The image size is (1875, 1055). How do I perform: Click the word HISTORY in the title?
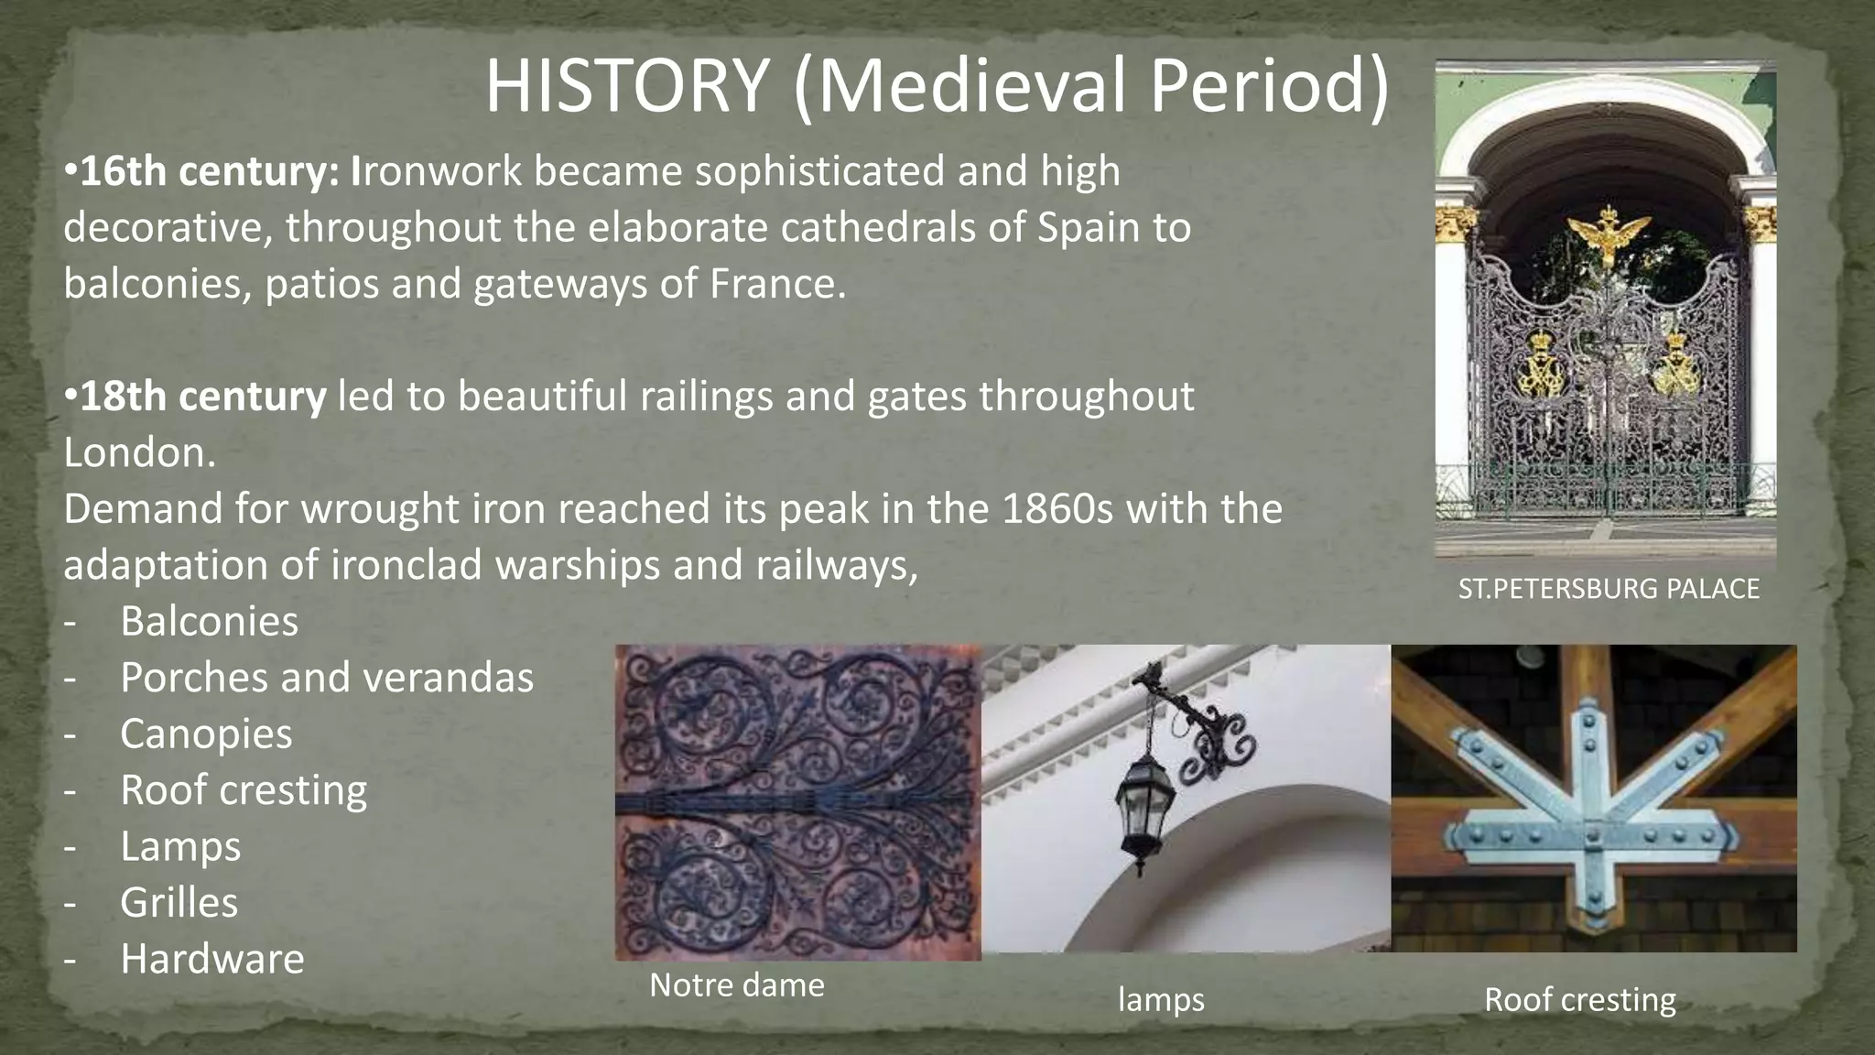[x=626, y=86]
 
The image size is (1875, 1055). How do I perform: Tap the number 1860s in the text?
[x=1057, y=509]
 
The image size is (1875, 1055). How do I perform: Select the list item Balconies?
[x=209, y=622]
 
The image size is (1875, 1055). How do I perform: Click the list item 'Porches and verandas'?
[x=326, y=679]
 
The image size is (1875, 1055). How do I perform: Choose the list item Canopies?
[x=206, y=734]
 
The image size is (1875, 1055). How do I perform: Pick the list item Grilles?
[x=179, y=903]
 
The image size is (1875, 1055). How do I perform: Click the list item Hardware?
[x=211, y=960]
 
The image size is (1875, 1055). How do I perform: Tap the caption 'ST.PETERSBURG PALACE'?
[x=1609, y=589]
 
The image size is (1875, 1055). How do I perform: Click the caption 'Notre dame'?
[x=737, y=985]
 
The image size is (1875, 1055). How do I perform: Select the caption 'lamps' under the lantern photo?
[x=1161, y=999]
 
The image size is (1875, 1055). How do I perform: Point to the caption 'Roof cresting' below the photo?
[x=1579, y=999]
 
